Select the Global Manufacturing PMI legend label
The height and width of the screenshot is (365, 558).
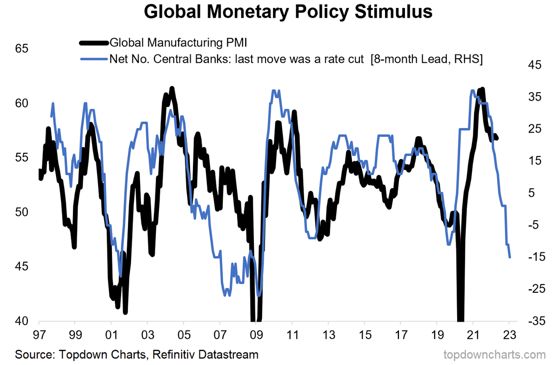click(x=178, y=43)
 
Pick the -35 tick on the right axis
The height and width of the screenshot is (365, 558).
click(x=531, y=321)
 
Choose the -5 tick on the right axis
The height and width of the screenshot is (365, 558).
click(x=531, y=225)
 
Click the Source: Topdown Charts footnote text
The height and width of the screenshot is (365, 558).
click(x=137, y=354)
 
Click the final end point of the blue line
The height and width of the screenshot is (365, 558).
click(x=510, y=257)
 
